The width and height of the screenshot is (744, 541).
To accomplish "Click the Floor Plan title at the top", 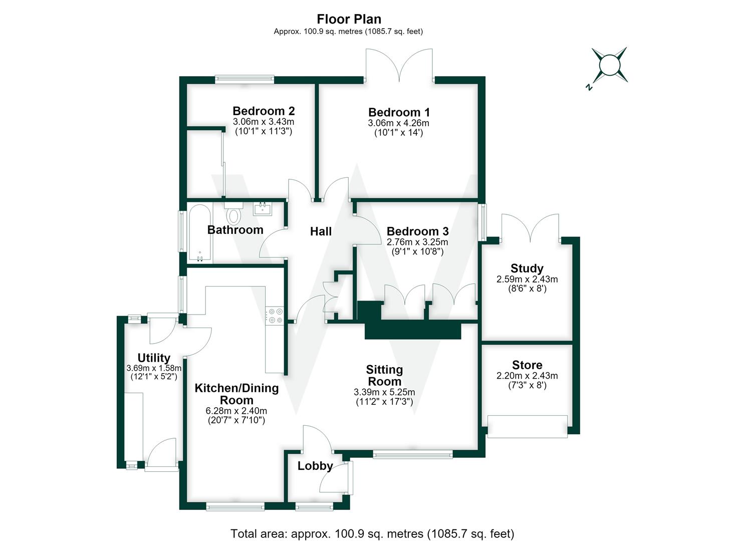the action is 349,19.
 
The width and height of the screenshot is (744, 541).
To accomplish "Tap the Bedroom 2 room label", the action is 264,111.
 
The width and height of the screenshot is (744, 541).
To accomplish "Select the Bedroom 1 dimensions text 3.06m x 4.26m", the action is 398,123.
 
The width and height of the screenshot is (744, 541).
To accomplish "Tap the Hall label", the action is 321,231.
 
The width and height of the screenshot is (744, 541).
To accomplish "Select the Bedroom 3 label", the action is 417,231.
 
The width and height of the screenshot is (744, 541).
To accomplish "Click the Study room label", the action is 527,268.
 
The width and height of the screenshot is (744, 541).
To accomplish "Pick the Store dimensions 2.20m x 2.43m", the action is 527,376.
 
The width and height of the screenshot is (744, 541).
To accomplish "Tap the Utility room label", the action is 154,358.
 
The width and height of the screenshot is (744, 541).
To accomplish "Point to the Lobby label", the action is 315,466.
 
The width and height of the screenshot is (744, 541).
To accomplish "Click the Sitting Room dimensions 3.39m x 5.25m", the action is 384,392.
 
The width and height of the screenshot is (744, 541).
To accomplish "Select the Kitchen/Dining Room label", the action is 236,394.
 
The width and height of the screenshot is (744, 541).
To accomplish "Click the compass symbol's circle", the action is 610,65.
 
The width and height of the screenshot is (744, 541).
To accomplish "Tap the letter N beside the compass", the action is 589,87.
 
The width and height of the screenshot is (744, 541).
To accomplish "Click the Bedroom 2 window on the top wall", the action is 244,80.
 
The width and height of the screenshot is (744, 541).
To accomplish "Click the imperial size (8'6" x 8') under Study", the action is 527,289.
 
